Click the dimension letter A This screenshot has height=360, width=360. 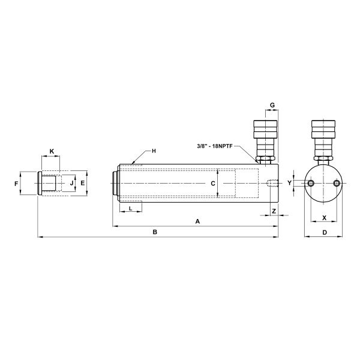pyautogui.click(x=197, y=221)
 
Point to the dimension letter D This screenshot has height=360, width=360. pyautogui.click(x=324, y=232)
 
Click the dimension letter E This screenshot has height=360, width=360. pyautogui.click(x=83, y=183)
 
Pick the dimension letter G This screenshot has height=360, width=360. pyautogui.click(x=272, y=105)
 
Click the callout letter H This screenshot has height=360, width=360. pyautogui.click(x=154, y=151)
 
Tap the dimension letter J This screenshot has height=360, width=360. pyautogui.click(x=71, y=183)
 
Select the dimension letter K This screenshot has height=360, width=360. pyautogui.click(x=51, y=151)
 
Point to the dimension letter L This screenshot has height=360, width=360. pyautogui.click(x=131, y=208)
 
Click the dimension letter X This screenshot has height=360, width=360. pyautogui.click(x=324, y=218)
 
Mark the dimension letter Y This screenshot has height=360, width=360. pyautogui.click(x=289, y=182)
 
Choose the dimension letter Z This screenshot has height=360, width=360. pyautogui.click(x=274, y=211)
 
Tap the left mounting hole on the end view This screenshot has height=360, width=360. pyautogui.click(x=311, y=183)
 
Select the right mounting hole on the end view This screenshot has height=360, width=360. pyautogui.click(x=337, y=183)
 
